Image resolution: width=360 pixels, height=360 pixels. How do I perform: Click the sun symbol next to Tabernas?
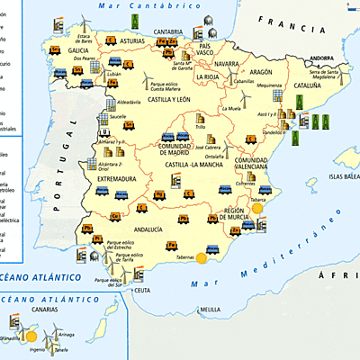[x=202, y=257]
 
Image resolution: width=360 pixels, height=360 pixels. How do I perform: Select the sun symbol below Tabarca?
[x=257, y=208]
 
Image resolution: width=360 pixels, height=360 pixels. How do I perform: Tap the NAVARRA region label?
[x=228, y=64]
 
